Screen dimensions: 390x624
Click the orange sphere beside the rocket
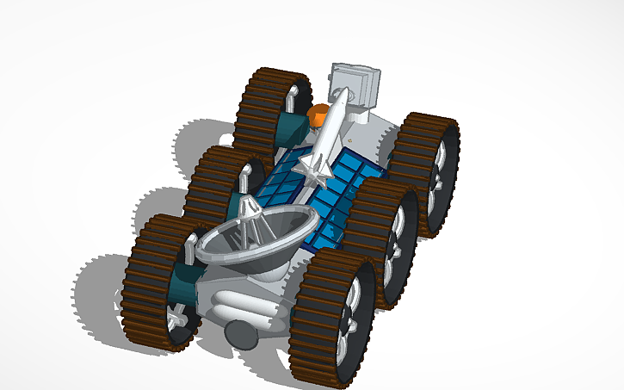(x=318, y=113)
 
